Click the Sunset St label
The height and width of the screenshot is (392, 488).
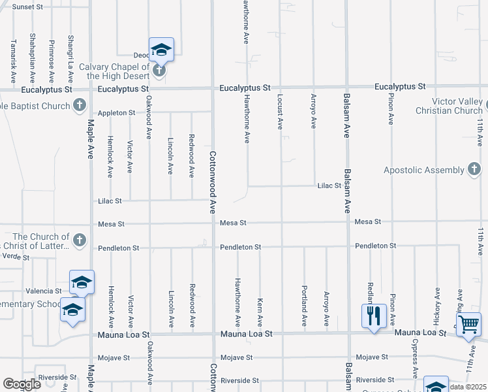click(27, 7)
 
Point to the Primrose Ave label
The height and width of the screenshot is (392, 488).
click(51, 52)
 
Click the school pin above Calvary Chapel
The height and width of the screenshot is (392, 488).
click(161, 50)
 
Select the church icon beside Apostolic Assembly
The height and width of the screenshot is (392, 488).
click(475, 170)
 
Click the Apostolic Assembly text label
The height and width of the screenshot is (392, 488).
click(424, 170)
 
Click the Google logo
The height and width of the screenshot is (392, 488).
click(22, 384)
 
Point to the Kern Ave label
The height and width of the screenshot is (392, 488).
click(260, 312)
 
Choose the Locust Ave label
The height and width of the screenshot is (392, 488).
click(281, 110)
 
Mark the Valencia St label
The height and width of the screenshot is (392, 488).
click(44, 291)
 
